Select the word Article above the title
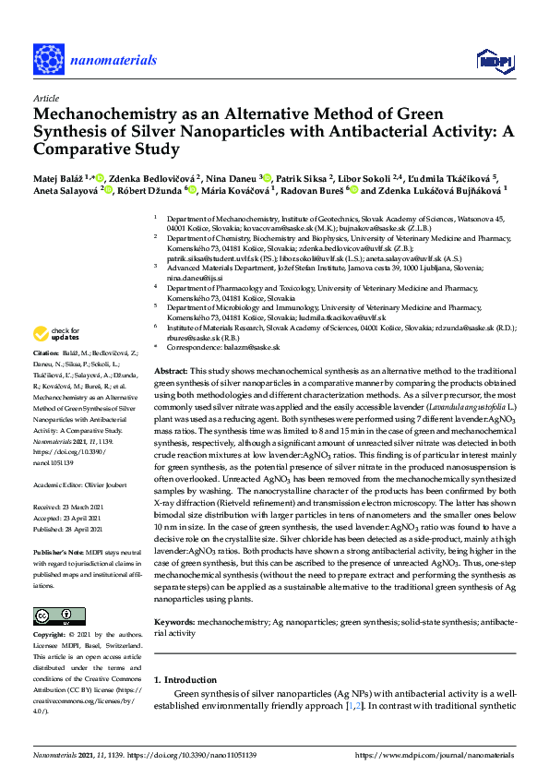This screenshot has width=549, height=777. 45,97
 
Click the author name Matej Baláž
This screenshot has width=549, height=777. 60,177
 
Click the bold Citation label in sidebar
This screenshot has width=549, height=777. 48,353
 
